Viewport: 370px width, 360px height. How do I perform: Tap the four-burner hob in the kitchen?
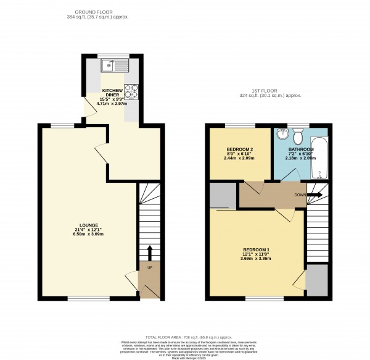(x=131, y=91)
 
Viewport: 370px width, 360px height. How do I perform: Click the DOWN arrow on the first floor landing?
(x=314, y=195)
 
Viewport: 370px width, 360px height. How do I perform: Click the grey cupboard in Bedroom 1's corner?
(x=317, y=279)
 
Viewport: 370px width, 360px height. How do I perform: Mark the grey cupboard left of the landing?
(x=223, y=195)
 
